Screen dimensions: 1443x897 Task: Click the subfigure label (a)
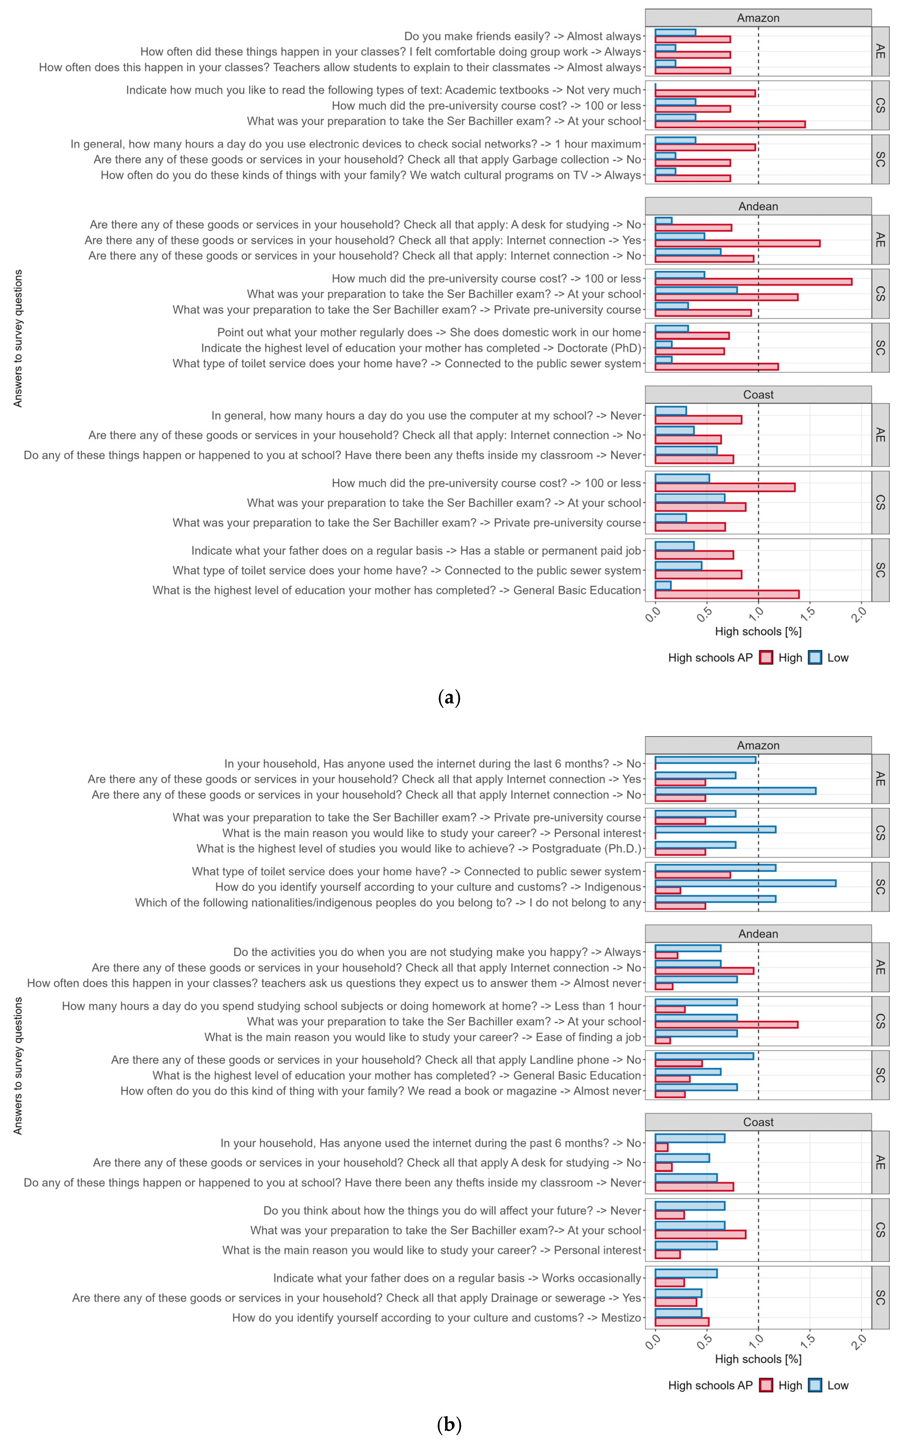pyautogui.click(x=448, y=697)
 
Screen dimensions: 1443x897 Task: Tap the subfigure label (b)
pyautogui.click(x=448, y=1424)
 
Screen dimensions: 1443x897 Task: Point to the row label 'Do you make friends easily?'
pyautogui.click(x=522, y=36)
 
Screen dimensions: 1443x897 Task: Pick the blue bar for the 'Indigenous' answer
pyautogui.click(x=745, y=883)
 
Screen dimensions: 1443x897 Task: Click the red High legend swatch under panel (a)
pyautogui.click(x=766, y=657)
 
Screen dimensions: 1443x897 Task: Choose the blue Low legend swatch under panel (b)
pyautogui.click(x=815, y=1385)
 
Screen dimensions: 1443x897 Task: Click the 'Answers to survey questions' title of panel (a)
pyautogui.click(x=18, y=338)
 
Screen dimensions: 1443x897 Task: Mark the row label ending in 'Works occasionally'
pyautogui.click(x=457, y=1278)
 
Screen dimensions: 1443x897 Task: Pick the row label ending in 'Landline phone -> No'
pyautogui.click(x=376, y=1060)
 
